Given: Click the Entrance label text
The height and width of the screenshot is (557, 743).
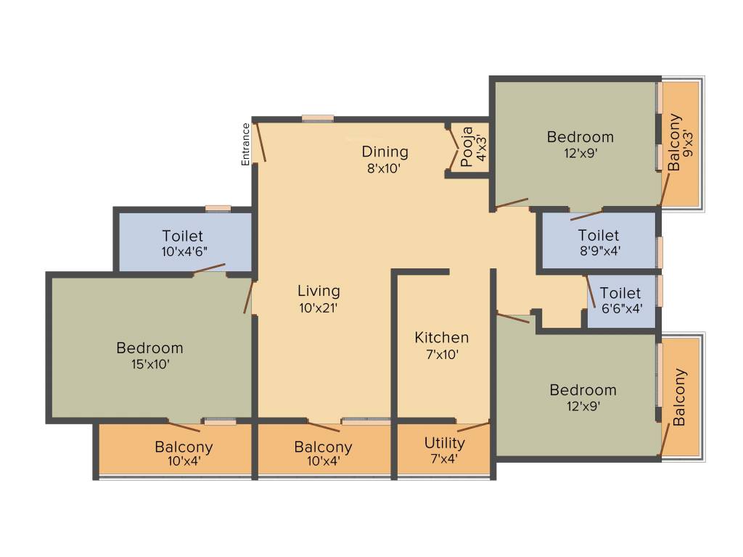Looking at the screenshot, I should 245,144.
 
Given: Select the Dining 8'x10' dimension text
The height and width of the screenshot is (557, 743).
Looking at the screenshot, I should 385,168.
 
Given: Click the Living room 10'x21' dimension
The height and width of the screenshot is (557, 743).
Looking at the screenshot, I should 319,307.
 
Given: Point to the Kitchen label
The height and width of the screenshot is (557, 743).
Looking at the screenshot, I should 441,337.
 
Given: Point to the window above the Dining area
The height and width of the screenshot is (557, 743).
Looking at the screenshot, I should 318,118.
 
